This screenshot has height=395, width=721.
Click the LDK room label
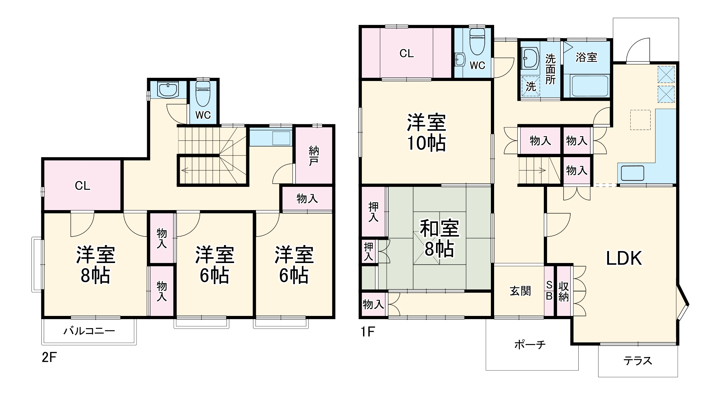point(624,258)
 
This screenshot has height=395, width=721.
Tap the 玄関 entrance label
point(520,291)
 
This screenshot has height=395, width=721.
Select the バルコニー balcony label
point(89,331)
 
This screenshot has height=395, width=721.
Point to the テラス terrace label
point(637,360)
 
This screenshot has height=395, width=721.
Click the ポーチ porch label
point(530,345)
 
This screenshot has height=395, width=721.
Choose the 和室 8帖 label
point(439,239)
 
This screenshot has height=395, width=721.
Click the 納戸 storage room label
point(313,156)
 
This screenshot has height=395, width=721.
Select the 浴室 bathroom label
point(586,57)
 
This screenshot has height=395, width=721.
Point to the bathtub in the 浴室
point(589,86)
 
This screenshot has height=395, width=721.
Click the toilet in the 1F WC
point(477,42)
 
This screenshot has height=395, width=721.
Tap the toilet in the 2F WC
point(203,94)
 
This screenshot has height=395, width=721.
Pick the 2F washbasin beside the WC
point(168,89)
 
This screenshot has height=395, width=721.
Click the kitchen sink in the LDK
point(632,173)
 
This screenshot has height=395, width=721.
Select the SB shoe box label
point(549,290)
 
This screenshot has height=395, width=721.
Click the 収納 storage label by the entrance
point(564,291)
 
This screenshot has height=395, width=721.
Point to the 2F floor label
point(49,358)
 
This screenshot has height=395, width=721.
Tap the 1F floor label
point(368,331)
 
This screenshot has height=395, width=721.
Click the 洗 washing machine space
point(531,86)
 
